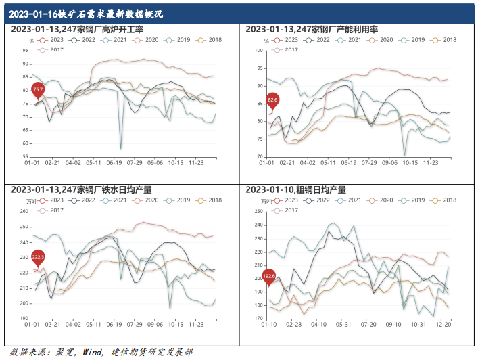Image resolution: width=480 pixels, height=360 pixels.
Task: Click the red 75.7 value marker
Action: tap(38, 90)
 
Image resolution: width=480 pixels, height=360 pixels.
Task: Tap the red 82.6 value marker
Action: tap(272, 100)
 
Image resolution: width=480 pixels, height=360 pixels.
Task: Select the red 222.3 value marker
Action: tap(38, 257)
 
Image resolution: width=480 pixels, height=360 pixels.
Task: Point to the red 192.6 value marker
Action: tap(269, 276)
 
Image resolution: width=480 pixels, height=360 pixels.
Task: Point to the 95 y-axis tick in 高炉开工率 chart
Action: tap(26, 51)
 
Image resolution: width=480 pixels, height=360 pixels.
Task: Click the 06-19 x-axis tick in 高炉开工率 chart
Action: tap(114, 163)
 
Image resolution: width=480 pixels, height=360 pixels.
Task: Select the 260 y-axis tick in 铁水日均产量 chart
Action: tap(24, 212)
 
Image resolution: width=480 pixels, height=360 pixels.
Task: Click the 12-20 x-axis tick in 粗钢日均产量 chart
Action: tap(443, 325)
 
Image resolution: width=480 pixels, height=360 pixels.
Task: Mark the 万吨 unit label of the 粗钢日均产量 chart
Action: tap(269, 201)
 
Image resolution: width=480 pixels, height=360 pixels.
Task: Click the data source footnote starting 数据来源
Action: tap(101, 352)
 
